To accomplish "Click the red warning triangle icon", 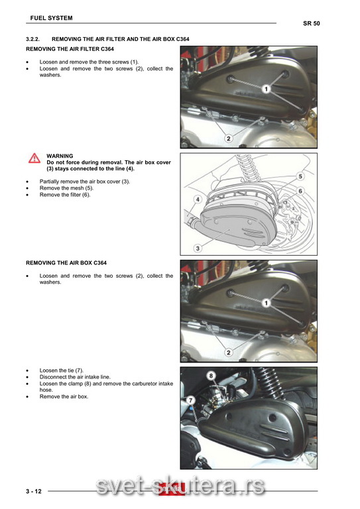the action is click(34, 158).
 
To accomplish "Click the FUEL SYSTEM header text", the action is click(51, 18).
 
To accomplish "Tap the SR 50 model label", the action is click(312, 23).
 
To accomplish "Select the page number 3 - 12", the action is click(34, 491).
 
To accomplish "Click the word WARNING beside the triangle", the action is click(60, 156).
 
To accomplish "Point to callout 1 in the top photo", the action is click(266, 89).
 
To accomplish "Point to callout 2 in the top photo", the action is click(229, 139).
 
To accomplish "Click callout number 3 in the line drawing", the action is click(198, 249).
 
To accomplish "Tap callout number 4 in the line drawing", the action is click(198, 199).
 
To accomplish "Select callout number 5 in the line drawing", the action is click(300, 176).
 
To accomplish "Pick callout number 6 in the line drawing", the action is click(300, 191).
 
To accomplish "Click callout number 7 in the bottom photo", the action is click(191, 400).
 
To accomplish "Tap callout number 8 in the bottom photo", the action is click(211, 376).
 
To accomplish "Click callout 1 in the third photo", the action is click(266, 303).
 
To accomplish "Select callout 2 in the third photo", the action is click(229, 353).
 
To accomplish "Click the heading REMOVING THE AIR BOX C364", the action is click(66, 263).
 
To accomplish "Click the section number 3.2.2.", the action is click(32, 39).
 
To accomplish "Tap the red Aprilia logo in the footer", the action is click(172, 488).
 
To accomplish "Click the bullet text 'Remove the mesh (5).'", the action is click(66, 188).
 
